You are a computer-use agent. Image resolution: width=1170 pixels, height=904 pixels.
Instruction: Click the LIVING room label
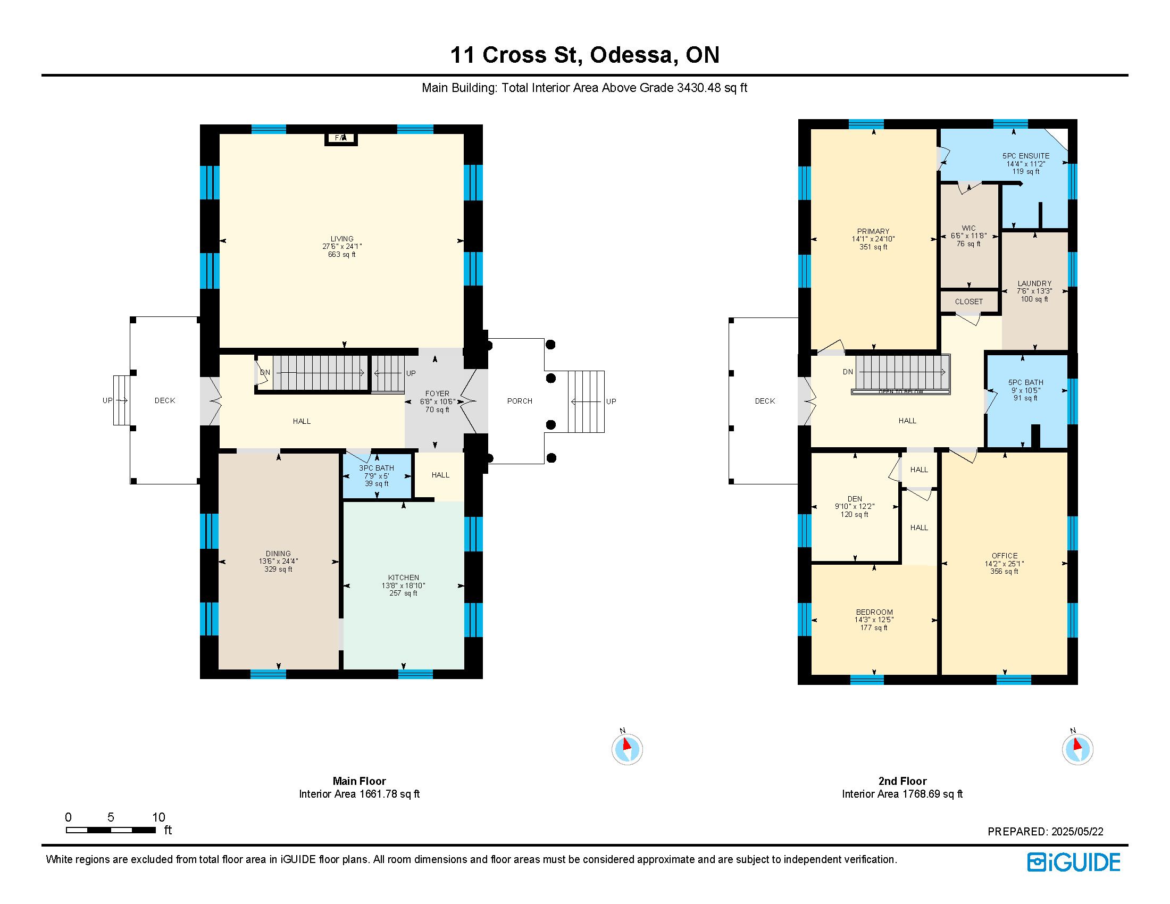point(342,239)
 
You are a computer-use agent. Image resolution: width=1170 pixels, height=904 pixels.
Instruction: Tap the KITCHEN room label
point(404,577)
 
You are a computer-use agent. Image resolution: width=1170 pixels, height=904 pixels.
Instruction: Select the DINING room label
point(278,554)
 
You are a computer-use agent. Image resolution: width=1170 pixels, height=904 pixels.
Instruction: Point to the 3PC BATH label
point(377,468)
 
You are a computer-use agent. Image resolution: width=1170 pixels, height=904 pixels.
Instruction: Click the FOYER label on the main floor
point(437,394)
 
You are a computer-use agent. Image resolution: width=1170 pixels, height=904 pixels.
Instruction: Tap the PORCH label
point(520,401)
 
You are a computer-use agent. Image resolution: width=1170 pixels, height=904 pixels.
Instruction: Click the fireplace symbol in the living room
point(341,138)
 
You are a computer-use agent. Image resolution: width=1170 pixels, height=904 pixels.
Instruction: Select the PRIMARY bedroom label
point(873,232)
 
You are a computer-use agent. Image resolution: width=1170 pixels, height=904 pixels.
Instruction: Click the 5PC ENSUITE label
point(1026,156)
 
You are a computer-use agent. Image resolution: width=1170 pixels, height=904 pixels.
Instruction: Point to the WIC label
point(968,228)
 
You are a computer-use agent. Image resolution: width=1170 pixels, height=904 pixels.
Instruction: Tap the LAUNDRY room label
point(1034,283)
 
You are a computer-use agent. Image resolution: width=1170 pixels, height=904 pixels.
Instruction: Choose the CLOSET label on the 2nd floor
point(969,302)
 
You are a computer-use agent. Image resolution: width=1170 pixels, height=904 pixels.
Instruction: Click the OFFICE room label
point(1005,556)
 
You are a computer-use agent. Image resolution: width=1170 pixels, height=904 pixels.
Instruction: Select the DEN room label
point(855,499)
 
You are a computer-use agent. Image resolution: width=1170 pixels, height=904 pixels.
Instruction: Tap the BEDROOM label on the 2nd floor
point(874,612)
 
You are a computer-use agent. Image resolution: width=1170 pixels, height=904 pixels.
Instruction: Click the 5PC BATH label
point(1026,382)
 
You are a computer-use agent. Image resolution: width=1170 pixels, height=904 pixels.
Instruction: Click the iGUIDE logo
point(1074,862)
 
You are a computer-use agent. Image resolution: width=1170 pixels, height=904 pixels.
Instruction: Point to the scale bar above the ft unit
point(111,830)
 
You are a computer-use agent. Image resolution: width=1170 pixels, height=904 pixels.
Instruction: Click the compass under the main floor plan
point(627,749)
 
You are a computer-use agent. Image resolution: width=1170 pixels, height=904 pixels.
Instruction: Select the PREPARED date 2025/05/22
point(1077,832)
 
